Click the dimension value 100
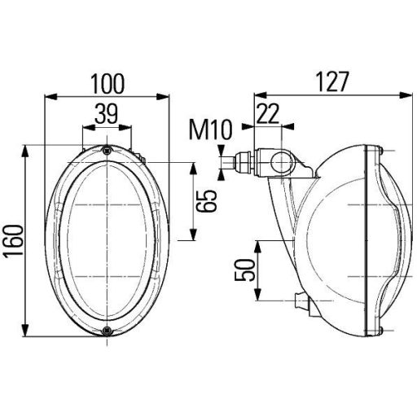pos(108,83)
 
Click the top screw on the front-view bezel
pos(108,148)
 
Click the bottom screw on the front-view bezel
pos(108,330)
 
